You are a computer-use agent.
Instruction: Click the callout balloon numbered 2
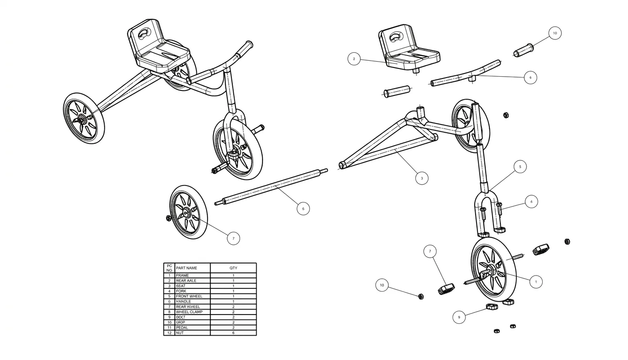[x=354, y=59]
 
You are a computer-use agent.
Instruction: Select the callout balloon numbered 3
[x=422, y=178]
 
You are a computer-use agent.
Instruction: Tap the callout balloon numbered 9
[x=459, y=317]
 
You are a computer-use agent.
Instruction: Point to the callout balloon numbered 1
[x=536, y=281]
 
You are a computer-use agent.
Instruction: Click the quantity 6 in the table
[x=233, y=332]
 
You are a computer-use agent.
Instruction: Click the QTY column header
[x=233, y=268]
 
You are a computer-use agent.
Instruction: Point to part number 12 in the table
[x=169, y=332]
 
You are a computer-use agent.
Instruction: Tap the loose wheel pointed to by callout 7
[x=188, y=212]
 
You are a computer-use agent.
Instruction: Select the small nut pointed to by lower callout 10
[x=421, y=296]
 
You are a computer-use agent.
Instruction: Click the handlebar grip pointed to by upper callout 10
[x=522, y=51]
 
